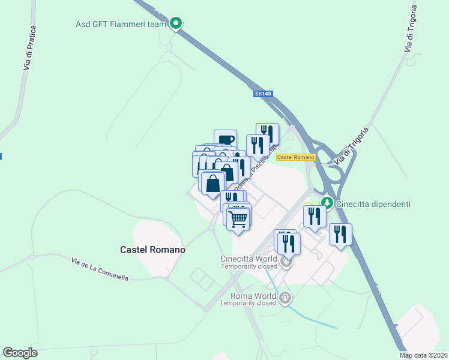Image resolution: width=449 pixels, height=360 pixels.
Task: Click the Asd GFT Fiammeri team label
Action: [120, 24]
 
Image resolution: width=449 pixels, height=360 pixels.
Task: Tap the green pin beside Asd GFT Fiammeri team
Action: [176, 23]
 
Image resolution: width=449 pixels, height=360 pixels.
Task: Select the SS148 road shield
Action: [260, 93]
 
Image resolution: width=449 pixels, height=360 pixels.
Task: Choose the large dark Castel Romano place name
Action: [152, 249]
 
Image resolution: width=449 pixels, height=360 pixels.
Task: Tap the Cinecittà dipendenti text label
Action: [373, 204]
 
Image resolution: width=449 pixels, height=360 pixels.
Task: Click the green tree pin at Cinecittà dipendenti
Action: [327, 203]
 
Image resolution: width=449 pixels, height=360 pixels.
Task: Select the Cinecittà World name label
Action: [249, 259]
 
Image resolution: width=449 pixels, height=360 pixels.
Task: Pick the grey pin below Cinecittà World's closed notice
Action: [286, 262]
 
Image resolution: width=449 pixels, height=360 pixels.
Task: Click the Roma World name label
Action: [253, 296]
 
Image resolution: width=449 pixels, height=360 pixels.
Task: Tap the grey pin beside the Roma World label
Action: [285, 296]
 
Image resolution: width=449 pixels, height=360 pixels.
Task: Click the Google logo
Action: [20, 353]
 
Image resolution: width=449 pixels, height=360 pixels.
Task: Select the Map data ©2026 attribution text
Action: [423, 355]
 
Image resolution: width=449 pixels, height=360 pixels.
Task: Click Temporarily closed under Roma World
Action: [247, 303]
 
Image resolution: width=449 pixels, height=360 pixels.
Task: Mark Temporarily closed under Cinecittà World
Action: [248, 266]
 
